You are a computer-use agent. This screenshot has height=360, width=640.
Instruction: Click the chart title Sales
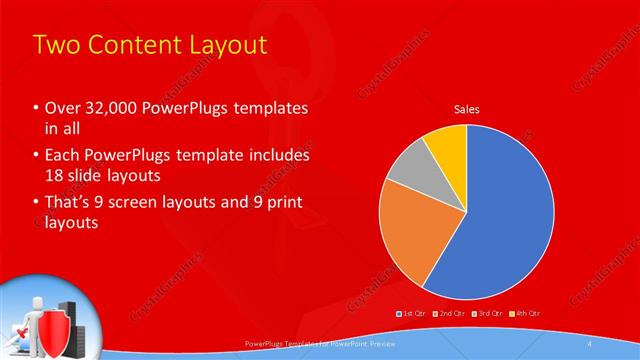(466, 108)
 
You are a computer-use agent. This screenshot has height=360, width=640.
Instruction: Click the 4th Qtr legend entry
(526, 314)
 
